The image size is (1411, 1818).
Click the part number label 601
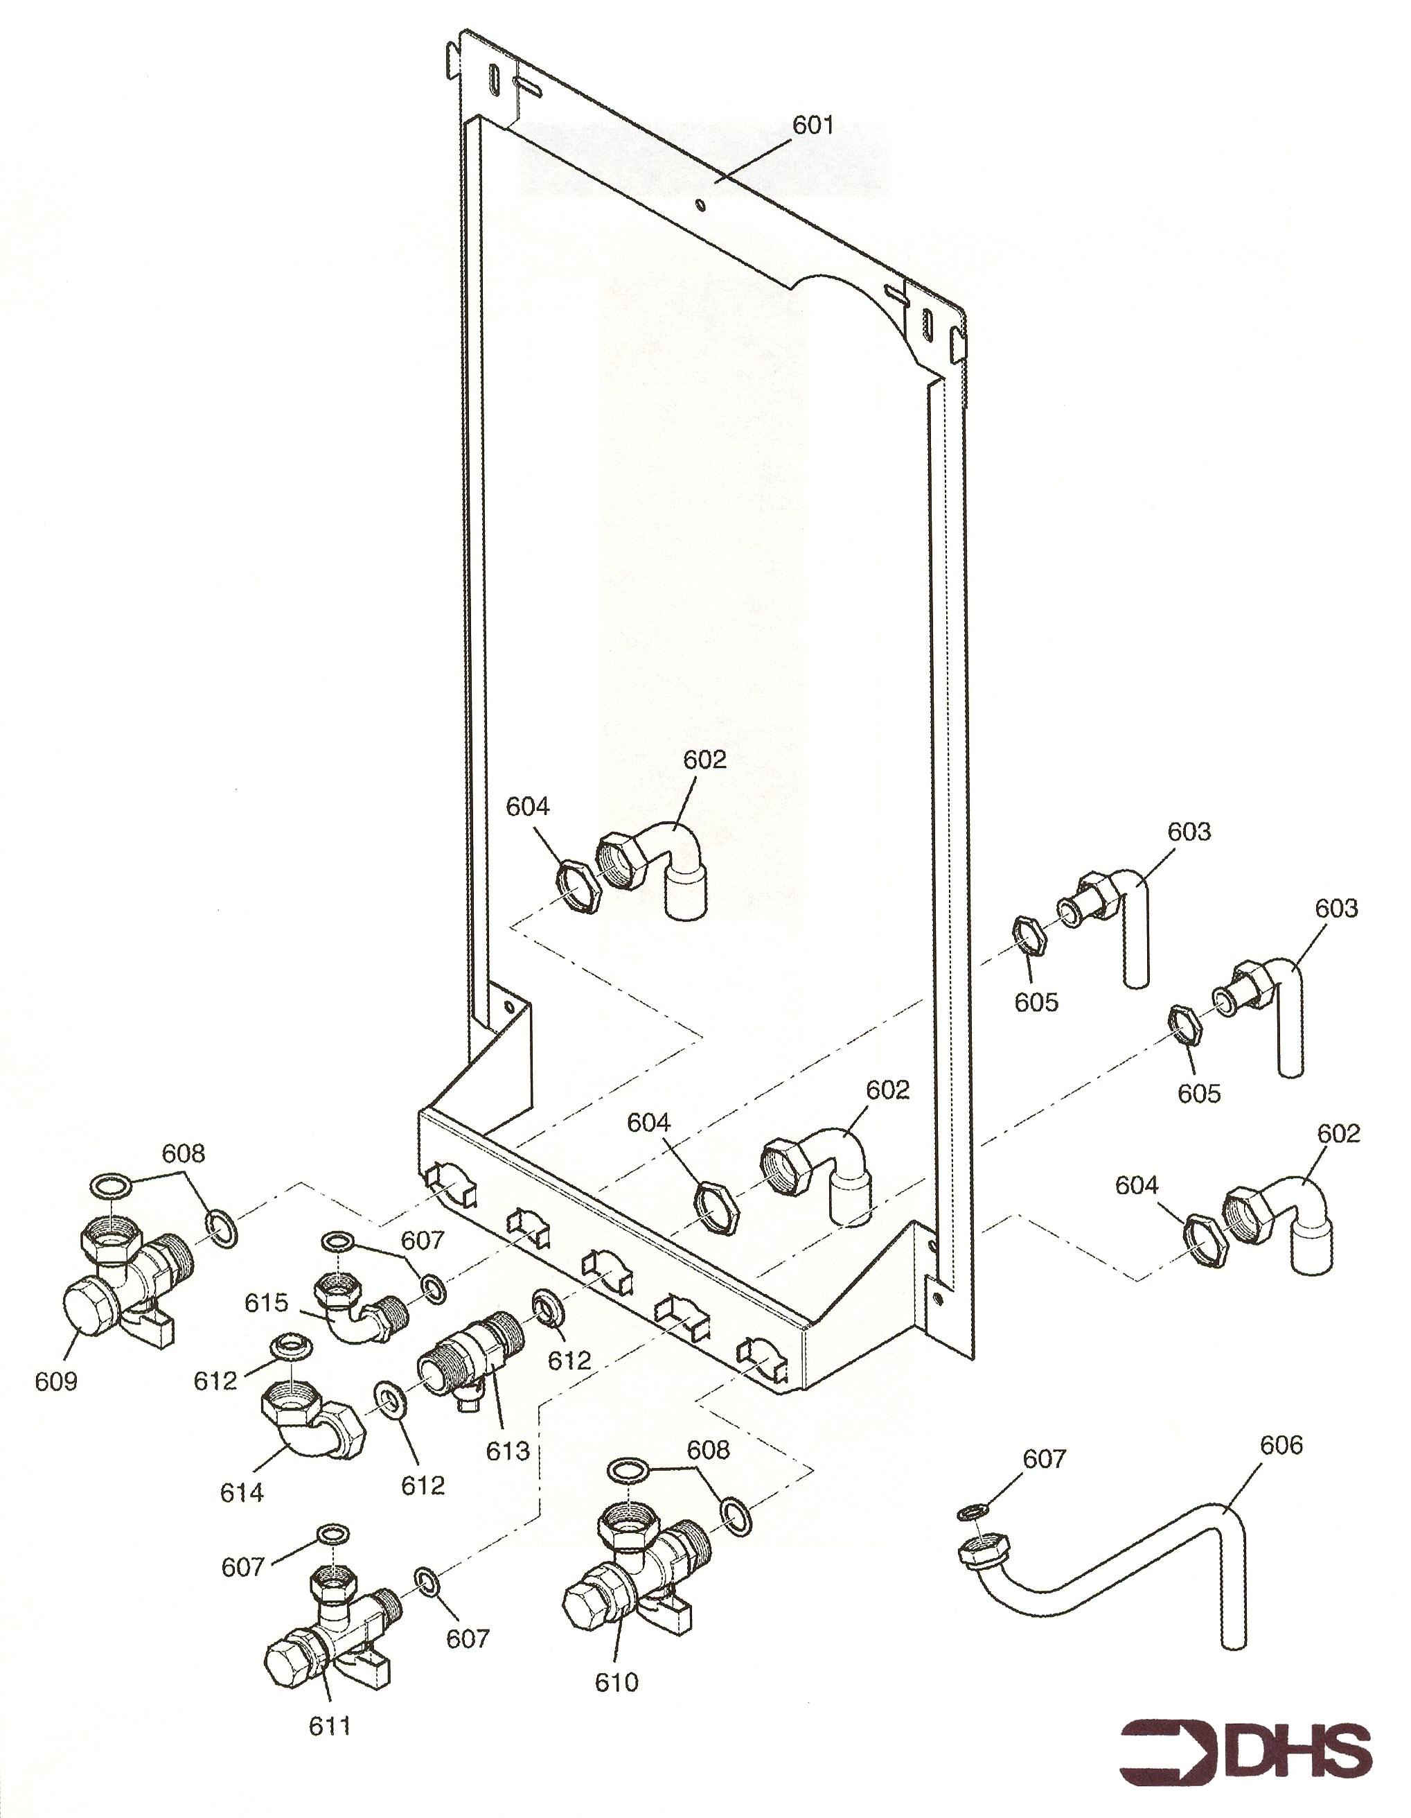coord(812,125)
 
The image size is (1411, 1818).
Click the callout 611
coord(330,1727)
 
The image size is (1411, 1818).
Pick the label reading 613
coord(508,1451)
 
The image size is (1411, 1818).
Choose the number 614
coord(241,1492)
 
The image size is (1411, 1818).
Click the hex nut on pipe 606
coord(985,1550)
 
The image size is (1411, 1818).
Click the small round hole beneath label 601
coord(701,204)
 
